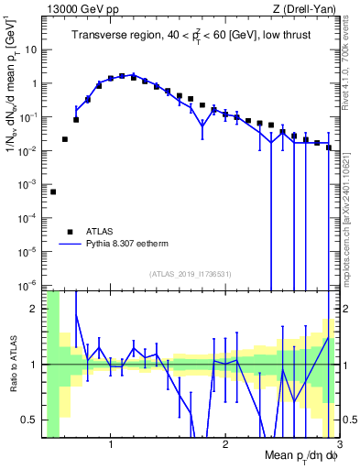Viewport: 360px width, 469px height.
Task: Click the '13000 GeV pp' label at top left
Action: (x=79, y=8)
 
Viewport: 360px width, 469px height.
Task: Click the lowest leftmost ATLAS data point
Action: (x=53, y=191)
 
